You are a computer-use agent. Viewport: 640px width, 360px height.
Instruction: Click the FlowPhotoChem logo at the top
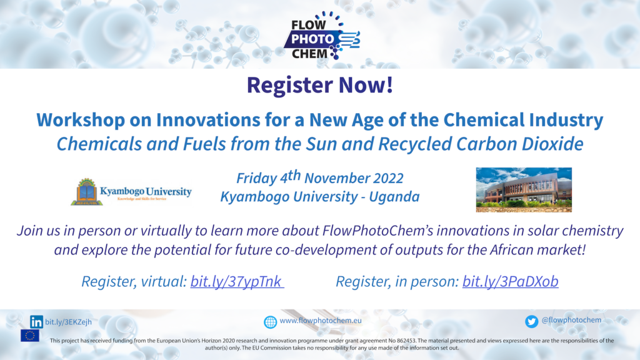coord(322,36)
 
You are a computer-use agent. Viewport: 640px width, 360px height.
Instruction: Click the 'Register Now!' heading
coord(320,85)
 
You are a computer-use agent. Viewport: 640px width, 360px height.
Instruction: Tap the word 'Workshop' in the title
coord(81,120)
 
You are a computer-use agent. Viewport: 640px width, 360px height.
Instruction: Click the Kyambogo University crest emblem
coord(86,191)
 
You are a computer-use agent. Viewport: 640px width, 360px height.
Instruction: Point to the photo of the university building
coord(524,190)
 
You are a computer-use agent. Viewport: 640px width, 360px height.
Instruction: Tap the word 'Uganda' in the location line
coord(394,197)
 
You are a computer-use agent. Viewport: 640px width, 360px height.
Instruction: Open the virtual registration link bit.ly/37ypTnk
coord(237,281)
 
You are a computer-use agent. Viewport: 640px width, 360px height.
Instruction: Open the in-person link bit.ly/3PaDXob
coord(510,281)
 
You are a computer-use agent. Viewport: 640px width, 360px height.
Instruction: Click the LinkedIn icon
coord(36,322)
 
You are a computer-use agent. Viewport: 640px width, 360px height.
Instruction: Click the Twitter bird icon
coord(531,322)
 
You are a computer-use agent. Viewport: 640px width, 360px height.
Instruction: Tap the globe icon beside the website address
coord(270,322)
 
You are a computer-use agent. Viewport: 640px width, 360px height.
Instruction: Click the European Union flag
coord(30,336)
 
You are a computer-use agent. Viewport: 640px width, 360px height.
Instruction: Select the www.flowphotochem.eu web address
coord(321,321)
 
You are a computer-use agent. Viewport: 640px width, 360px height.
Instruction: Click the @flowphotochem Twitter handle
coord(571,321)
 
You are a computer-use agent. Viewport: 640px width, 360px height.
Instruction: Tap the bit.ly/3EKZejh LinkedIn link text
coord(68,322)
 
